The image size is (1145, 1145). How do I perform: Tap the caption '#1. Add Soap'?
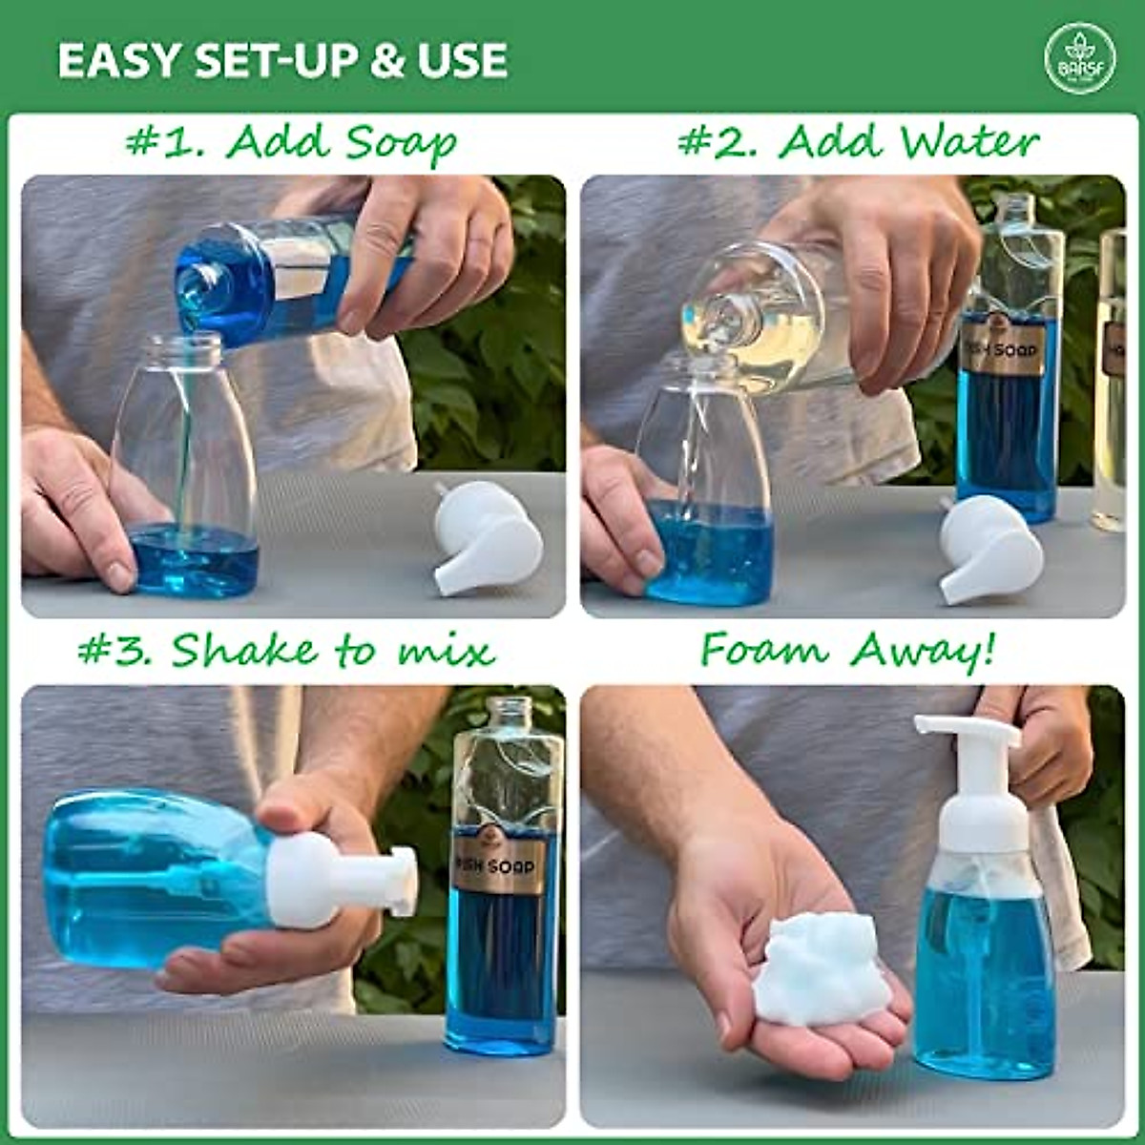tap(292, 143)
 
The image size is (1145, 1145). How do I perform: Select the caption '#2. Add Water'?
tap(858, 143)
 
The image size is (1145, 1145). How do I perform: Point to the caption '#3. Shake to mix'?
tap(286, 651)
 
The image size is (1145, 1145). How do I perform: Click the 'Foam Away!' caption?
tap(848, 651)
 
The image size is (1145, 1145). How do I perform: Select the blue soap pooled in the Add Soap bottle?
tap(194, 560)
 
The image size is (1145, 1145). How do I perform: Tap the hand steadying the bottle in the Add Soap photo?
tap(76, 506)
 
